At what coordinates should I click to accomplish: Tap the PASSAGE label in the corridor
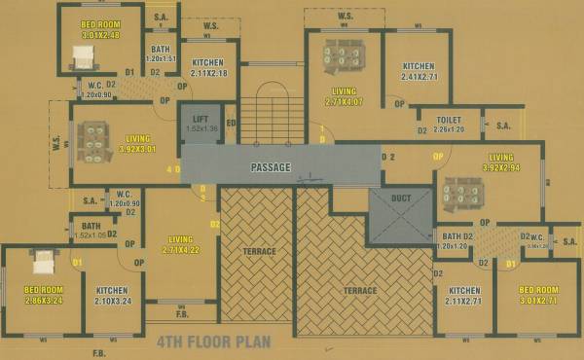point(271,167)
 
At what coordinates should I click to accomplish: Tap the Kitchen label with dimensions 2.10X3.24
point(112,296)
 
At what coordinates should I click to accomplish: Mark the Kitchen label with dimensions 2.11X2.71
point(464,296)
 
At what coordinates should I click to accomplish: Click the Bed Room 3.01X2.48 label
point(99,28)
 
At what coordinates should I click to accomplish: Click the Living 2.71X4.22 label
point(180,244)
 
